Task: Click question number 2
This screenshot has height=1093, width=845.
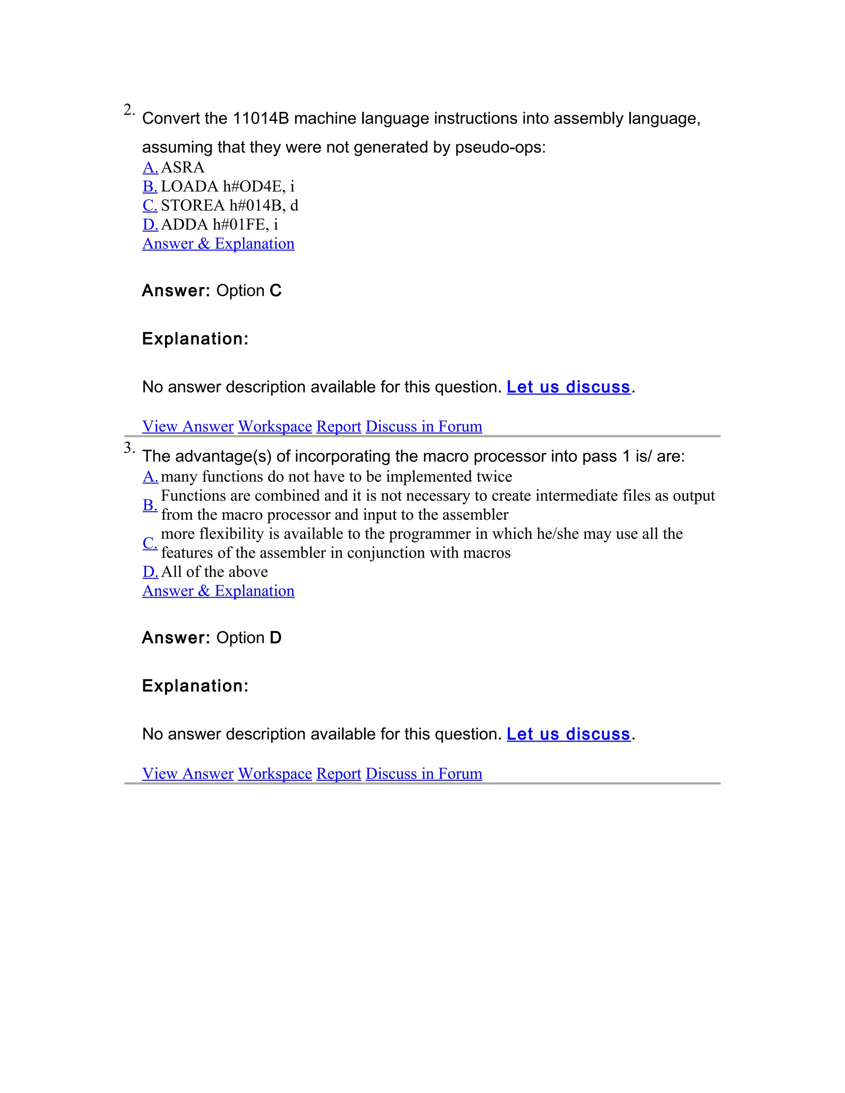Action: [x=129, y=110]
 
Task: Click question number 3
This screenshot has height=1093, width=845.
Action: [x=129, y=448]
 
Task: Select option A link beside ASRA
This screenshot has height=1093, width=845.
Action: [x=150, y=167]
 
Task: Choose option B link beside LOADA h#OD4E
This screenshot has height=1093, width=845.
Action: [x=150, y=186]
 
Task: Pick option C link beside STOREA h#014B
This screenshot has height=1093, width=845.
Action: [x=150, y=205]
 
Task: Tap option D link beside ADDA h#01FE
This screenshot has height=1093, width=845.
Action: [x=150, y=224]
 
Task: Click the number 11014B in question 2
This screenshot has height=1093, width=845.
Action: [x=261, y=119]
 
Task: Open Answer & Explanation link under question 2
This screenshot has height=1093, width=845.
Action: [x=218, y=244]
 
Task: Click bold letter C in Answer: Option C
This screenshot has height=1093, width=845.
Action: [x=275, y=291]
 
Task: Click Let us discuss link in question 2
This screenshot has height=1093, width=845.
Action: [x=568, y=387]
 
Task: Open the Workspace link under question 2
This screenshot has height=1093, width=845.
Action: [x=275, y=426]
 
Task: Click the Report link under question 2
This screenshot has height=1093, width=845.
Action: [x=338, y=426]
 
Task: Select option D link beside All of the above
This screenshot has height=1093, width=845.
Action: [x=150, y=572]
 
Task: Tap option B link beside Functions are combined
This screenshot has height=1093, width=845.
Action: [x=150, y=505]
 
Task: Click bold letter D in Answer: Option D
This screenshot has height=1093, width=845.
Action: [x=275, y=638]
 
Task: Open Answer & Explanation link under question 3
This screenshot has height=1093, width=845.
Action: [x=218, y=591]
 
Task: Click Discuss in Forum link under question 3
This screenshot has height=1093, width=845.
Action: [x=423, y=774]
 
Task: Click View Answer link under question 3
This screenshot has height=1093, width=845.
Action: [x=188, y=774]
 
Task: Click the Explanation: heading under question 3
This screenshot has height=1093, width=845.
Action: [x=195, y=685]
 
